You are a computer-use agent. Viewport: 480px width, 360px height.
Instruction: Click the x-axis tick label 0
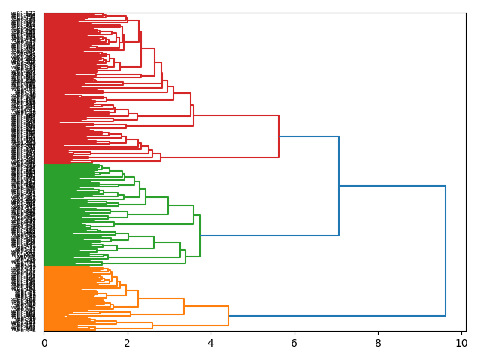click(43, 343)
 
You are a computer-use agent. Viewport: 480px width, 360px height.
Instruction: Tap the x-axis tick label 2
click(127, 343)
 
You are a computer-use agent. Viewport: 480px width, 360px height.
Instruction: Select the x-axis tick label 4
click(211, 343)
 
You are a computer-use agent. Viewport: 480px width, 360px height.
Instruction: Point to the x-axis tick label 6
click(295, 343)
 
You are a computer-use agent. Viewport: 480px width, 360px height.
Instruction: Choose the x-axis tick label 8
click(378, 343)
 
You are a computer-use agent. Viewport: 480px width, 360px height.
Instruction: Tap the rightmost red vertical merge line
click(279, 136)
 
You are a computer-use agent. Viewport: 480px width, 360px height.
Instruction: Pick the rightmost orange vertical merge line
click(229, 316)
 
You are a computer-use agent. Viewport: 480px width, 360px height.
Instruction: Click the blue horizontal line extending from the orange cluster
click(337, 316)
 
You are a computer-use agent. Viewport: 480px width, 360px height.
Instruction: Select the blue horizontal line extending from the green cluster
click(270, 235)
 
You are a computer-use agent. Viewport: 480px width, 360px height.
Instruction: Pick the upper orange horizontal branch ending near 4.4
click(206, 306)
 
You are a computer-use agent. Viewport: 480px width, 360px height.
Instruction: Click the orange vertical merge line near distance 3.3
click(184, 306)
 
